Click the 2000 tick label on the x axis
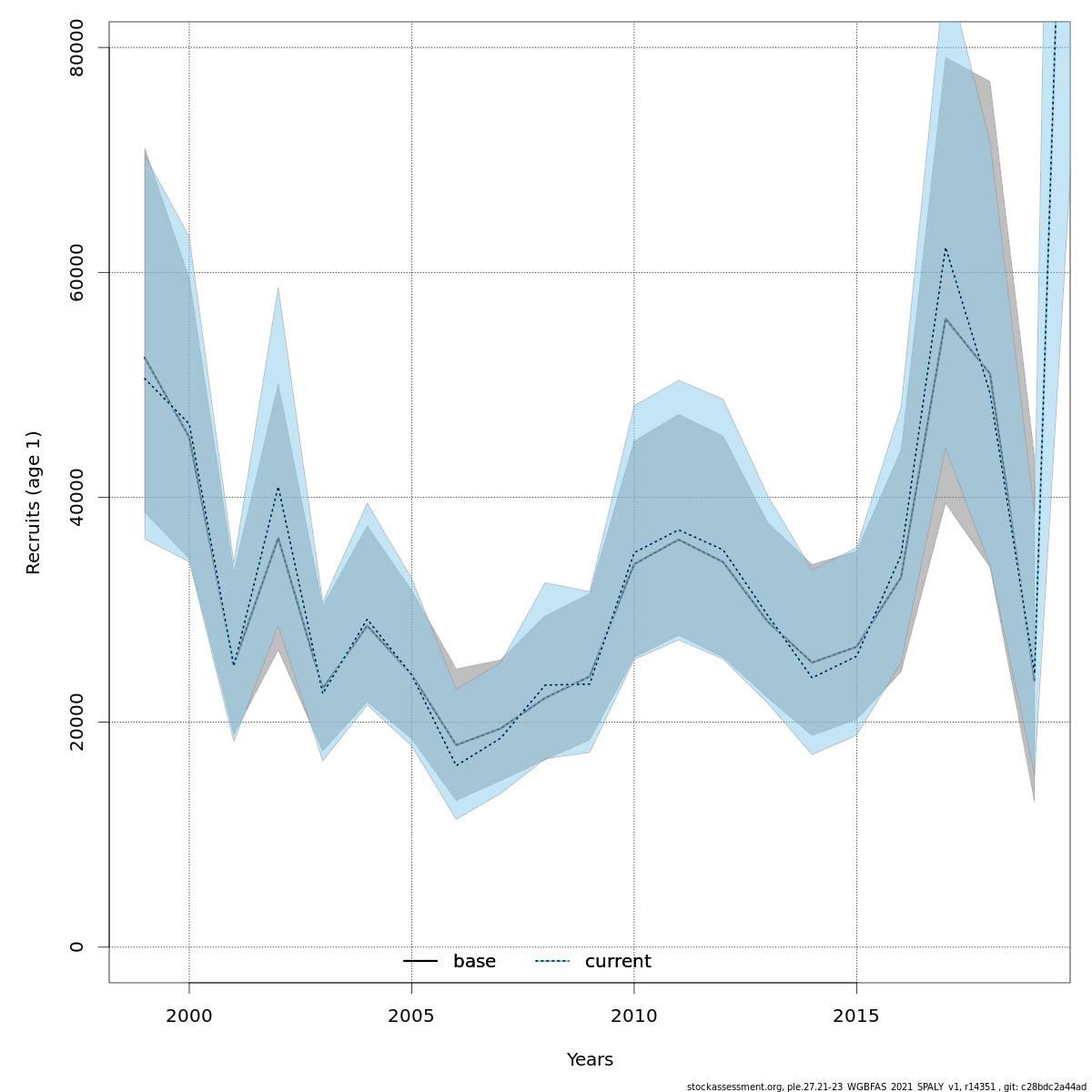click(189, 1016)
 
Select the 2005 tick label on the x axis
click(411, 1016)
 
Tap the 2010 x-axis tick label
click(634, 1016)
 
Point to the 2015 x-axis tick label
click(856, 1016)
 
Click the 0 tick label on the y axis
click(76, 946)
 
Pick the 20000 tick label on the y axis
click(76, 722)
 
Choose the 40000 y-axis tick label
click(76, 497)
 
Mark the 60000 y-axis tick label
click(76, 272)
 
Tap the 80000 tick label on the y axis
click(76, 47)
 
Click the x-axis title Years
click(590, 1060)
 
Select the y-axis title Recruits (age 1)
click(34, 502)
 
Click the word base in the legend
click(474, 962)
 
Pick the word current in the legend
click(618, 962)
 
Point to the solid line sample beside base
click(420, 962)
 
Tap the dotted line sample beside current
click(551, 962)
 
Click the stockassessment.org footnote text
click(886, 1087)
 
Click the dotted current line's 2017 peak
click(945, 248)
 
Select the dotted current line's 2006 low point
click(456, 765)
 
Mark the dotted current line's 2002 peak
click(278, 488)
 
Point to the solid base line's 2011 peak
click(679, 540)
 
